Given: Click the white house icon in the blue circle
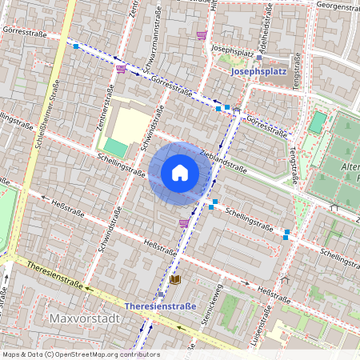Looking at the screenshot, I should click(180, 172).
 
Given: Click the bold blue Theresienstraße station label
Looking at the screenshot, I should click(161, 306).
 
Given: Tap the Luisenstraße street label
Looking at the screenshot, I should click(257, 336).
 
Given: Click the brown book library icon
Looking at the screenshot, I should click(175, 279).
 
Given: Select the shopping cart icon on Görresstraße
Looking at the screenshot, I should click(121, 69).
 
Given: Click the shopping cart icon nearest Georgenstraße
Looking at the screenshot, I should click(202, 34).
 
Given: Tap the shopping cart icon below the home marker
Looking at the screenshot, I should click(185, 223).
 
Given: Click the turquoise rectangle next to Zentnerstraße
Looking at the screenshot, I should click(116, 147).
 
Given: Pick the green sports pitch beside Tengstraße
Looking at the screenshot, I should click(318, 122).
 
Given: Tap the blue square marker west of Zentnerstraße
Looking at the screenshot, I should click(76, 46).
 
